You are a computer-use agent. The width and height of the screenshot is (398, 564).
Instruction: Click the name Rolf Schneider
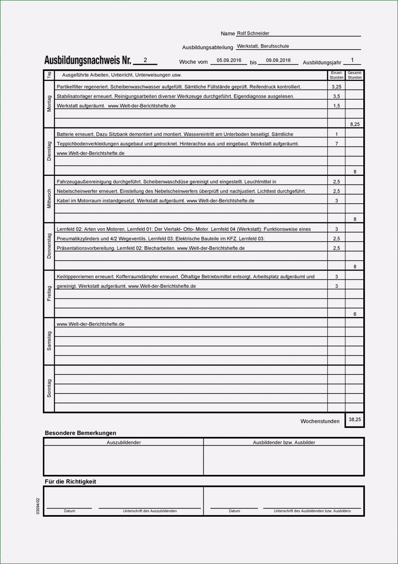pyautogui.click(x=253, y=33)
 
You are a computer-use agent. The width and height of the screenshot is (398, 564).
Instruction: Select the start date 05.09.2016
pyautogui.click(x=229, y=60)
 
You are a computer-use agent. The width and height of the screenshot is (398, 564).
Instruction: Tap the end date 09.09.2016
pyautogui.click(x=278, y=60)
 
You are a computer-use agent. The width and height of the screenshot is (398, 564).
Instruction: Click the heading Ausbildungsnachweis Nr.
pyautogui.click(x=87, y=60)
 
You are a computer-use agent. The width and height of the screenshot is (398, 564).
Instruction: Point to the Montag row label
pyautogui.click(x=49, y=104)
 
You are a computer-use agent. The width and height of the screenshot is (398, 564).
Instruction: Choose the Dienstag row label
pyautogui.click(x=49, y=151)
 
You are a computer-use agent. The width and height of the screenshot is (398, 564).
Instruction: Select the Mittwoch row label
pyautogui.click(x=49, y=199)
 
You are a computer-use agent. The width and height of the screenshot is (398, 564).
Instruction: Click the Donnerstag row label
pyautogui.click(x=49, y=246)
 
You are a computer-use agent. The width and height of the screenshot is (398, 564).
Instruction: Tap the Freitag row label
pyautogui.click(x=49, y=294)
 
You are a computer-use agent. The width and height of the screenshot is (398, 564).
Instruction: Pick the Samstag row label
pyautogui.click(x=49, y=341)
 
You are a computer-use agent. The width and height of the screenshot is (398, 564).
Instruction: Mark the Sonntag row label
pyautogui.click(x=49, y=388)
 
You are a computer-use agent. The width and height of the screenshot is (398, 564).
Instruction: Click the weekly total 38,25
pyautogui.click(x=355, y=419)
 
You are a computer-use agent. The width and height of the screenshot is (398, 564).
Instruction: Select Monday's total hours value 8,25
pyautogui.click(x=355, y=124)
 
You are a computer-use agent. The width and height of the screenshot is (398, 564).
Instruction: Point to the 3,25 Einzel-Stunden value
pyautogui.click(x=336, y=87)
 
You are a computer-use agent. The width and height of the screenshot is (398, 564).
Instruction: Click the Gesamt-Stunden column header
pyautogui.click(x=355, y=75)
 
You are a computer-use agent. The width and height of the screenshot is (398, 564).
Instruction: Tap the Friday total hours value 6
pyautogui.click(x=355, y=314)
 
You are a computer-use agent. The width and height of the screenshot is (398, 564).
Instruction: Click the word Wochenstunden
pyautogui.click(x=320, y=421)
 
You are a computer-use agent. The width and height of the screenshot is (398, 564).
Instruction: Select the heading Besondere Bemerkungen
pyautogui.click(x=80, y=433)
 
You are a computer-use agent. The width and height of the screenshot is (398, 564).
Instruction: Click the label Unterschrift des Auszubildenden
pyautogui.click(x=150, y=511)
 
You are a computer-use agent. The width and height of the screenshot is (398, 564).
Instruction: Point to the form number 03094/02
pyautogui.click(x=38, y=506)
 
